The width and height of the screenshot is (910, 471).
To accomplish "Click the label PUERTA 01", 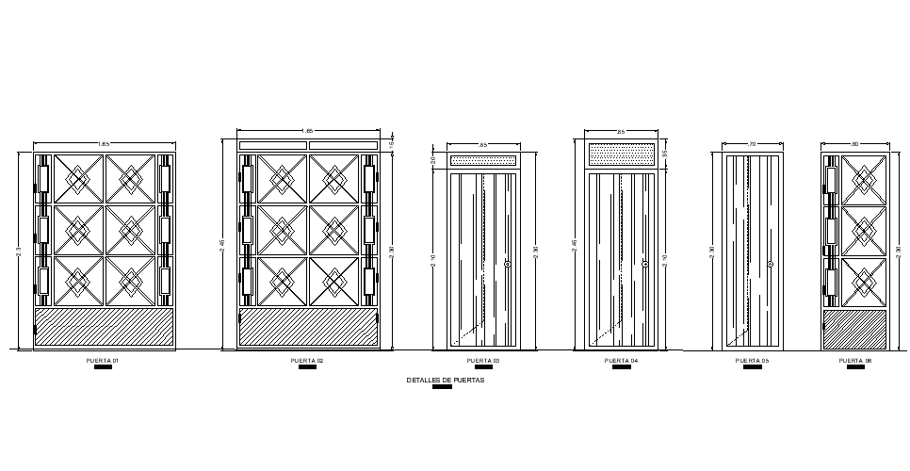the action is pyautogui.click(x=105, y=361).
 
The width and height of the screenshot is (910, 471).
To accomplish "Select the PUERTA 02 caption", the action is pyautogui.click(x=307, y=361).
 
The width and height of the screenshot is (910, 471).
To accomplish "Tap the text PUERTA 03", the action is pyautogui.click(x=483, y=361).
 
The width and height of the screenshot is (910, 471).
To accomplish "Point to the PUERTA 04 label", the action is pyautogui.click(x=621, y=361).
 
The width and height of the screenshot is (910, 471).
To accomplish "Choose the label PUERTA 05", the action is pyautogui.click(x=752, y=361).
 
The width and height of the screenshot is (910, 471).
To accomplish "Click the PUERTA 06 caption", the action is pyautogui.click(x=855, y=361).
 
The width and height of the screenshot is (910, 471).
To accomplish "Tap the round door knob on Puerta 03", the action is pyautogui.click(x=508, y=265).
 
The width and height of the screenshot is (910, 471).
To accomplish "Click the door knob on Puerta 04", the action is pyautogui.click(x=645, y=265).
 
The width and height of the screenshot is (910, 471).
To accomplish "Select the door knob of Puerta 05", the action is pyautogui.click(x=770, y=265).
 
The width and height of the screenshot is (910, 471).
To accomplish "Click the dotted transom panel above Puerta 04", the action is pyautogui.click(x=621, y=153).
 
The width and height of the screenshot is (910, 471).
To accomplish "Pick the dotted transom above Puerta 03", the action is pyautogui.click(x=483, y=160).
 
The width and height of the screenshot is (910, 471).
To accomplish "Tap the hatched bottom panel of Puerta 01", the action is pyautogui.click(x=105, y=327).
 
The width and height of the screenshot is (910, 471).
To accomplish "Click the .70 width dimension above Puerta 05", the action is pyautogui.click(x=752, y=143).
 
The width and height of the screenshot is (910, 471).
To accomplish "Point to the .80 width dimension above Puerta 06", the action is pyautogui.click(x=855, y=143).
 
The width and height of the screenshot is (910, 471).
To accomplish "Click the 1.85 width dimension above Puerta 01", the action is pyautogui.click(x=105, y=143).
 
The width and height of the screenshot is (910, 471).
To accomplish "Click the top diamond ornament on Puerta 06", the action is pyautogui.click(x=862, y=178).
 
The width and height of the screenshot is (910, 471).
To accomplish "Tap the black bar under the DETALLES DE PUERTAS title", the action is pyautogui.click(x=442, y=387).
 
